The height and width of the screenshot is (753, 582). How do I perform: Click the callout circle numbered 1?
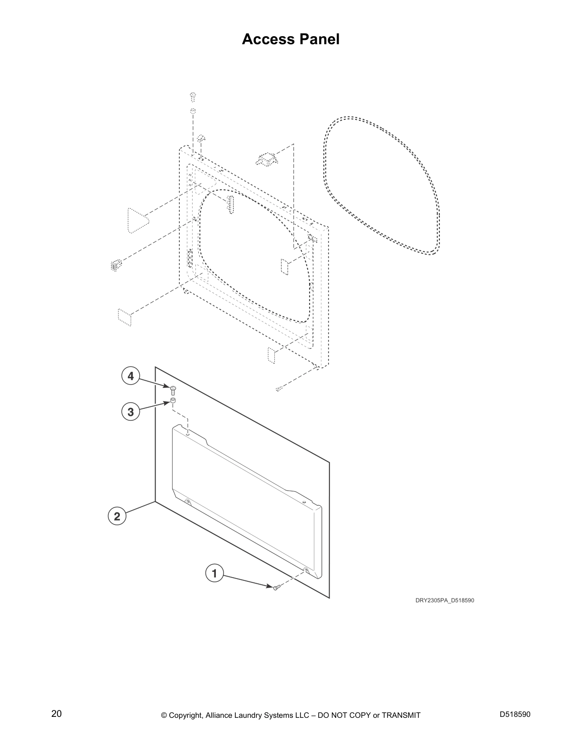(x=214, y=573)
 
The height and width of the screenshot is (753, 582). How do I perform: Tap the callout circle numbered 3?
(x=131, y=412)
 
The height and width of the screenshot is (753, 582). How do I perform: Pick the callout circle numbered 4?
(x=131, y=376)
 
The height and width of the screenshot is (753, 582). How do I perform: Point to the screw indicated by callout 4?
(x=173, y=390)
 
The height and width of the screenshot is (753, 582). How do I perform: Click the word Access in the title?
(x=268, y=39)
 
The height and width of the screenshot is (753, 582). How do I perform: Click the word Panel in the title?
(x=320, y=39)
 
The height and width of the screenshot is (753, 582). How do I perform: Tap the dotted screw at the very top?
(x=193, y=97)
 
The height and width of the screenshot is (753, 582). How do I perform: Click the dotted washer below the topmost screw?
(x=193, y=111)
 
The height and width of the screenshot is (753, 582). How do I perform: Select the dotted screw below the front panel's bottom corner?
(x=279, y=389)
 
